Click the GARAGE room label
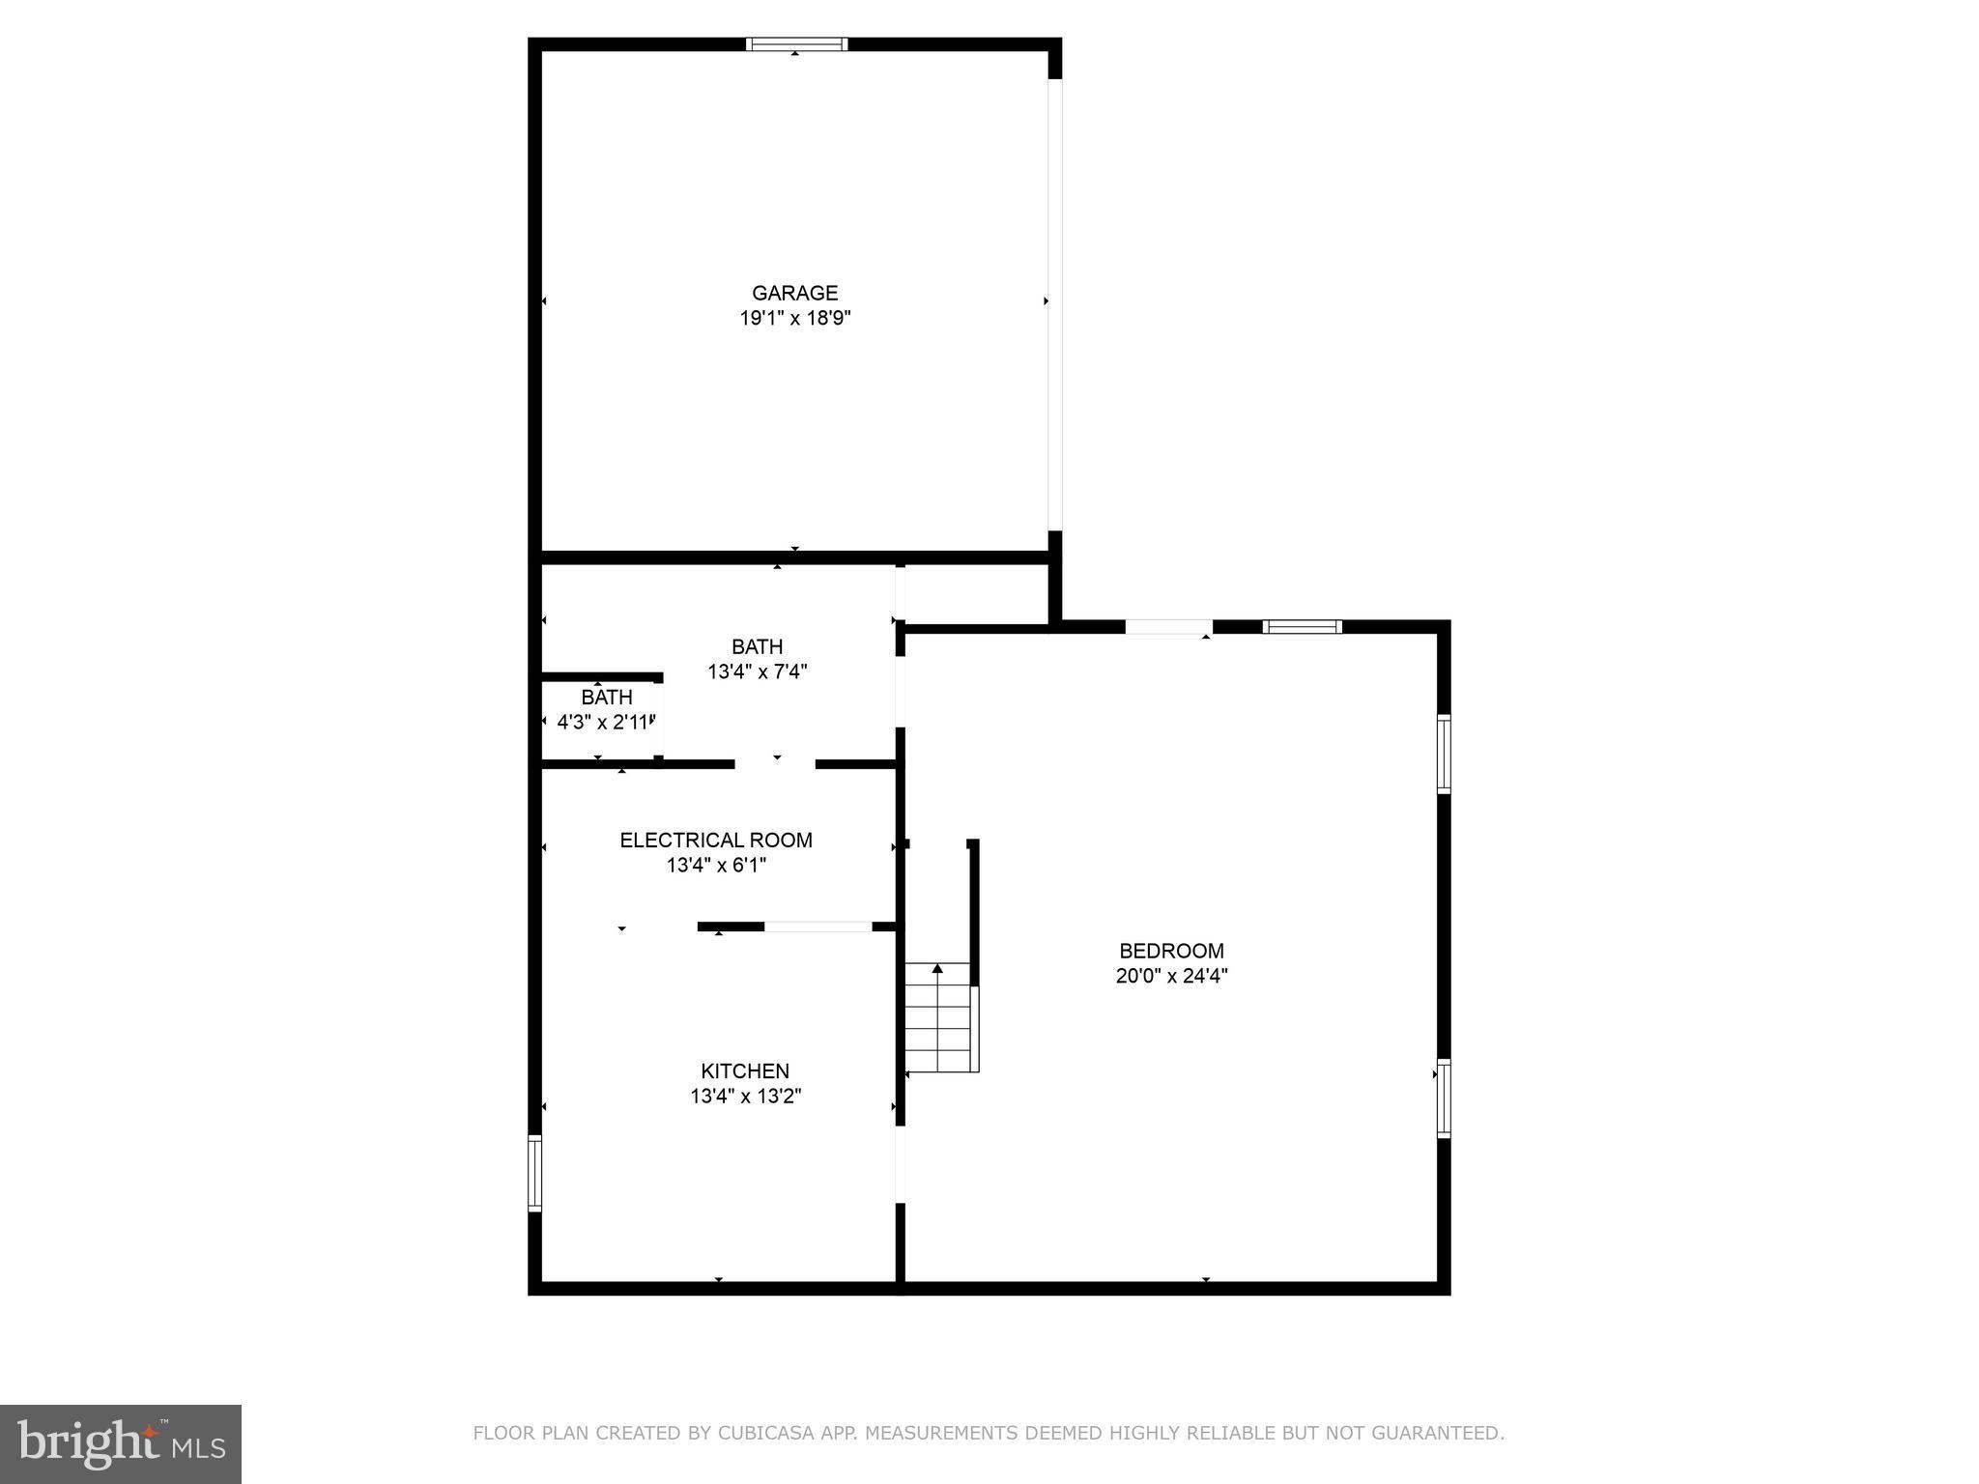click(794, 293)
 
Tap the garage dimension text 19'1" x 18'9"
click(794, 318)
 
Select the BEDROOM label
click(1171, 951)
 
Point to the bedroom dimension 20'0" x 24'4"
click(1171, 976)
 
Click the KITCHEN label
click(745, 1070)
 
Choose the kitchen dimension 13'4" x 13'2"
click(745, 1096)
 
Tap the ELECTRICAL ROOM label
click(716, 841)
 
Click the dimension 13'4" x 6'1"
click(716, 866)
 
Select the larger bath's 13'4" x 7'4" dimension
click(758, 671)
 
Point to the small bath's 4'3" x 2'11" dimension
click(607, 722)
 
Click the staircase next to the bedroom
click(938, 1022)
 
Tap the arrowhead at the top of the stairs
click(937, 968)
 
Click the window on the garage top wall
click(797, 43)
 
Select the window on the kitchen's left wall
click(534, 1173)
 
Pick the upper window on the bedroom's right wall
click(1444, 754)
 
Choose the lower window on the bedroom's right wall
click(1444, 1098)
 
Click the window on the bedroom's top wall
click(1302, 626)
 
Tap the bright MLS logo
click(121, 1443)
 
